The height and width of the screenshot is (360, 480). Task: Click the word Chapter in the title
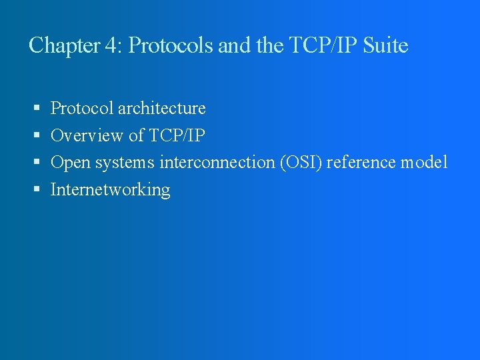[x=63, y=45]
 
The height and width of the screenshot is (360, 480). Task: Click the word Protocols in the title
[x=169, y=45]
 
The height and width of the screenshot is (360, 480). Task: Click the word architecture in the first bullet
[x=161, y=108]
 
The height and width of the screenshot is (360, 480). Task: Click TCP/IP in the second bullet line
[x=177, y=135]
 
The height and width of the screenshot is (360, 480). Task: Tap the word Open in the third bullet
[x=70, y=163]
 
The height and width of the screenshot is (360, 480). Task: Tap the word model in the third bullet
[x=424, y=162]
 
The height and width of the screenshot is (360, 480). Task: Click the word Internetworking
[x=111, y=190]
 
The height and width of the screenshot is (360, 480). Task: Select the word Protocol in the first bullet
[x=82, y=108]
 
